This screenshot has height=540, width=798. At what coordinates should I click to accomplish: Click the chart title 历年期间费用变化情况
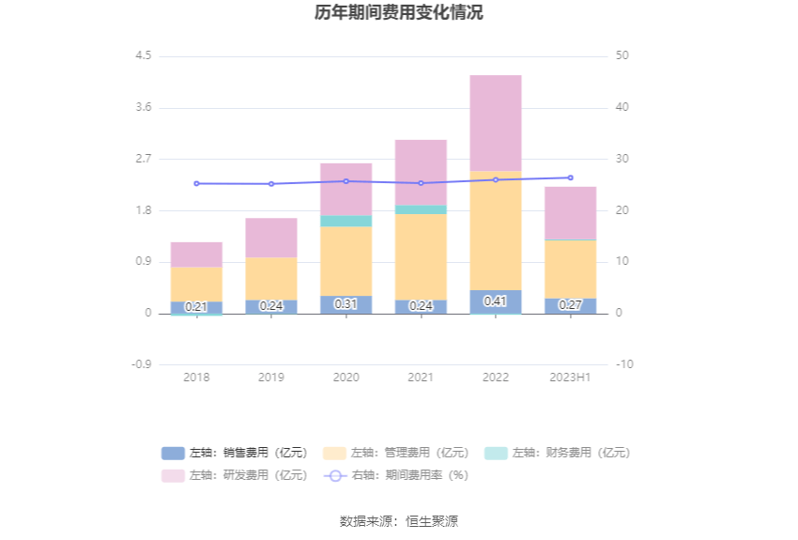399,13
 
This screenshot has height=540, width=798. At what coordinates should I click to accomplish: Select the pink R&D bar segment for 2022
496,123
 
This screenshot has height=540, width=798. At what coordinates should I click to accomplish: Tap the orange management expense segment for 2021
421,256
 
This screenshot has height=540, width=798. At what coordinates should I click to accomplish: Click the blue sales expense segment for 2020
345,304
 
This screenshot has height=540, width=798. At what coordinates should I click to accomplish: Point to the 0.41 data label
496,301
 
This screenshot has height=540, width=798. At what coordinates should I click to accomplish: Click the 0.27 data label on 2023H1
571,305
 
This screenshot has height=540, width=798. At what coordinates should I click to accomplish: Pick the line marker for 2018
196,183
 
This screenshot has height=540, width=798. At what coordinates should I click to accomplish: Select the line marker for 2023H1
570,177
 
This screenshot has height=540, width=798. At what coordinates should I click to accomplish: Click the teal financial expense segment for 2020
345,222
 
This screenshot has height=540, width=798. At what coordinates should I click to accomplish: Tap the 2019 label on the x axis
271,377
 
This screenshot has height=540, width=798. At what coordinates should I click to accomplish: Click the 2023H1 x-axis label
570,377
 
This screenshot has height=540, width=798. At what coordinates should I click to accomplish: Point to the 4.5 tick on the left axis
143,56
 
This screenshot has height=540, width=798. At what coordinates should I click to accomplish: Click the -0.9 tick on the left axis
141,364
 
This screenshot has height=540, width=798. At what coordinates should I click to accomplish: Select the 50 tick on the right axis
622,56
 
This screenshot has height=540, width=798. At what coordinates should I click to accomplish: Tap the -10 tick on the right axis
624,364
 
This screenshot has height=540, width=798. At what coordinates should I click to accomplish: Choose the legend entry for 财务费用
558,453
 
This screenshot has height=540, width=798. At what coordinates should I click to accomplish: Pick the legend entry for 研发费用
235,475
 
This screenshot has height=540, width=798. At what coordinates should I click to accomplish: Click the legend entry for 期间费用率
396,475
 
